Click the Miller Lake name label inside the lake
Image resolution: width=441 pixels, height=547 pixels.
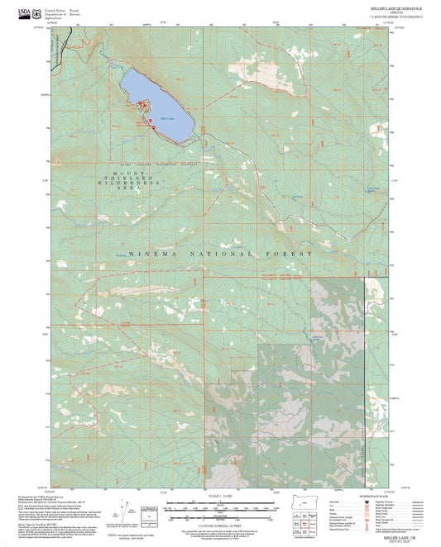pyautogui.click(x=166, y=118)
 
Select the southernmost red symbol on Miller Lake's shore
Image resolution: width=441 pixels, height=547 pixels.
pyautogui.click(x=152, y=126)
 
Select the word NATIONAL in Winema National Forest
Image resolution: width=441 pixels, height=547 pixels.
pyautogui.click(x=219, y=254)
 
